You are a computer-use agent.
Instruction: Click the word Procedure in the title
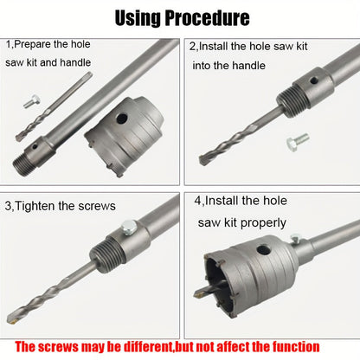(x=207, y=18)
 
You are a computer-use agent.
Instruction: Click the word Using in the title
(x=138, y=18)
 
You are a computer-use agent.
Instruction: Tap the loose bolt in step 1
(x=31, y=101)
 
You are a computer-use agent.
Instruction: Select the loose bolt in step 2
(x=298, y=142)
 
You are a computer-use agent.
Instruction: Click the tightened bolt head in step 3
(x=129, y=227)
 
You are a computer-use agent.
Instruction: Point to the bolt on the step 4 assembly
(x=296, y=238)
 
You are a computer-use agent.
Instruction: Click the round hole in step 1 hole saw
(x=122, y=118)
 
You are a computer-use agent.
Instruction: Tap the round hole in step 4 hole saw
(x=263, y=250)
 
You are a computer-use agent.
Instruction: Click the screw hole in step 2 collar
(x=314, y=80)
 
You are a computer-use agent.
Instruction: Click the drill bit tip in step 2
(x=202, y=160)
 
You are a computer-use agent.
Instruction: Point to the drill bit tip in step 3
(x=12, y=319)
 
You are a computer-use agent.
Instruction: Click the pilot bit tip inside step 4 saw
(x=199, y=294)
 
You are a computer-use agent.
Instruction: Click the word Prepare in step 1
(x=32, y=44)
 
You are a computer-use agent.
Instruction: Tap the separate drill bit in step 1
(x=54, y=107)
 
